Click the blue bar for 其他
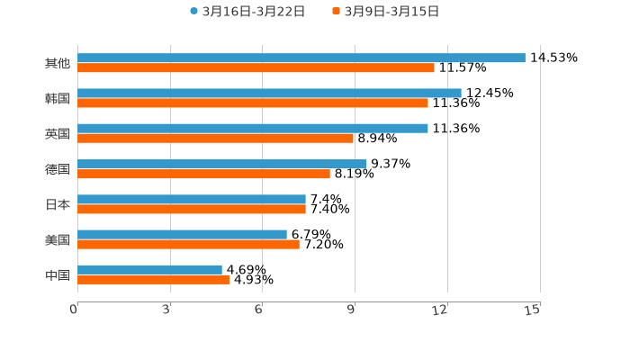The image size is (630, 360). [301, 58]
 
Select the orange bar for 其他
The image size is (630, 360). [256, 67]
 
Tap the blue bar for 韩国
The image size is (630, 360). [269, 93]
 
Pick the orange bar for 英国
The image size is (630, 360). [215, 138]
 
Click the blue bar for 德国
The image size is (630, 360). [222, 164]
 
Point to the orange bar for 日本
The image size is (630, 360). [192, 209]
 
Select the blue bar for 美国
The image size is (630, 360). [182, 234]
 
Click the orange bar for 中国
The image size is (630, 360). [153, 279]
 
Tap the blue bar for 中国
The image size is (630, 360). [149, 269]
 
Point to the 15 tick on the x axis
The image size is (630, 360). [533, 310]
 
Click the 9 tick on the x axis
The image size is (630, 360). [353, 310]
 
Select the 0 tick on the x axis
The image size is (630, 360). [75, 310]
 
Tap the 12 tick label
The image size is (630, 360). [440, 310]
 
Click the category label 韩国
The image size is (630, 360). [58, 98]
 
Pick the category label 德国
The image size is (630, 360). [58, 169]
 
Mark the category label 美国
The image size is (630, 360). [58, 239]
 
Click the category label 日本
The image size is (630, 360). [58, 204]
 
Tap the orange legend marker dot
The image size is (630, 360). [337, 12]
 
